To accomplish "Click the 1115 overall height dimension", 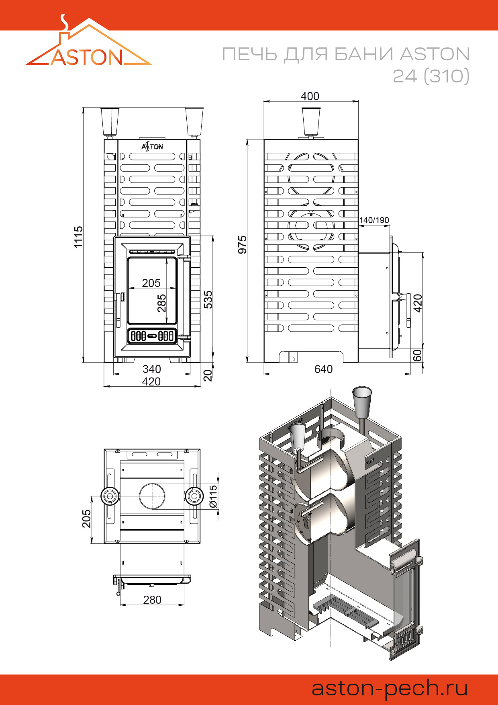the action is [78, 237].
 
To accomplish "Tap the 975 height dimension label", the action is [242, 245].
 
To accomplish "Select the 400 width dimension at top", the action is [310, 96].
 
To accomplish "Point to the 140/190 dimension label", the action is [374, 220].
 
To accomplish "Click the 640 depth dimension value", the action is [323, 369].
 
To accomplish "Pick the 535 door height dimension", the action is [208, 299].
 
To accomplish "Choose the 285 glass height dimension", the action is [161, 303].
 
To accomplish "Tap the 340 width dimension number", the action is [152, 369].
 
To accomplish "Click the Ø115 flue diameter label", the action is [213, 496].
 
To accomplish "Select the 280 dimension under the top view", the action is [152, 600].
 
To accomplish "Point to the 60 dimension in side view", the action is [418, 355].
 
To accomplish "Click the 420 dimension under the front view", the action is [151, 381].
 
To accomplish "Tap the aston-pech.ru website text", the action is [390, 688].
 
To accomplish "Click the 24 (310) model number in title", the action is [431, 76].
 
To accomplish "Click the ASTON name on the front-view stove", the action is [152, 147].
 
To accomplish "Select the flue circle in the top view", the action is [152, 496].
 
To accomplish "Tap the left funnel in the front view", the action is [110, 121].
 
